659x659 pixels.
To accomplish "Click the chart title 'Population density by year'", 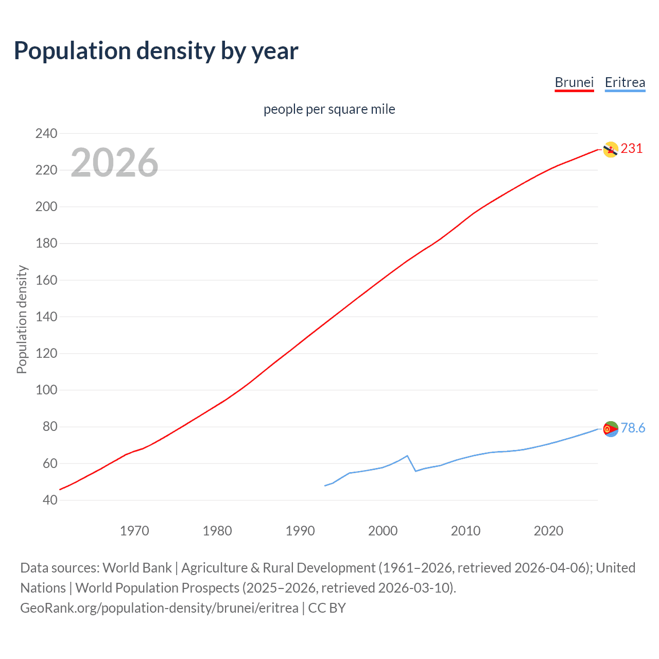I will tap(156, 51).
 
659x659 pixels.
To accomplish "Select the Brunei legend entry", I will tap(574, 82).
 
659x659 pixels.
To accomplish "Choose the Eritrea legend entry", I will tap(625, 82).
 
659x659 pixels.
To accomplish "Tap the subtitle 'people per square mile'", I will tap(329, 109).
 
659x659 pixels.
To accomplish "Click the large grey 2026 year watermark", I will tap(114, 163).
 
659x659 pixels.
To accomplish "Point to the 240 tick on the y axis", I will tap(46, 133).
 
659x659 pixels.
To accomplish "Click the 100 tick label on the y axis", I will tap(46, 390).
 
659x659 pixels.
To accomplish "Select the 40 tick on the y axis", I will tap(50, 500).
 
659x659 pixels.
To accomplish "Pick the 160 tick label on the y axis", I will tap(46, 280).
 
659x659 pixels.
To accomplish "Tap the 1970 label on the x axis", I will tap(134, 531).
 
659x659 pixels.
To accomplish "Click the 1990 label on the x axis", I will tap(300, 531).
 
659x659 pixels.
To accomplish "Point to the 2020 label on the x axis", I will tap(548, 531).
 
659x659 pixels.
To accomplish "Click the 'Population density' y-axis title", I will tap(22, 319).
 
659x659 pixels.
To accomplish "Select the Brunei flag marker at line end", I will tap(610, 149).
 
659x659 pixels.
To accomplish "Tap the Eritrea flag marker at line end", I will tap(610, 429).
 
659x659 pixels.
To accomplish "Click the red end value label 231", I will tap(632, 149).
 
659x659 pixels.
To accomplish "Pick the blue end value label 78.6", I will tap(633, 428).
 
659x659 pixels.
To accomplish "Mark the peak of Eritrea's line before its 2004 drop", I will tap(407, 456).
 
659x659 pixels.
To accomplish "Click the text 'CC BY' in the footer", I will tap(327, 608).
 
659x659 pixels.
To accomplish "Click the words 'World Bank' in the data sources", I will tap(137, 568).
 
